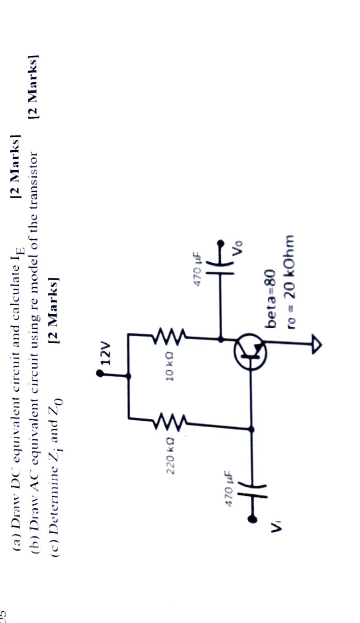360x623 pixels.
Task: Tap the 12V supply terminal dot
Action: [x=100, y=373]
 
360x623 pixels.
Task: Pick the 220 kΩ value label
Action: [x=171, y=454]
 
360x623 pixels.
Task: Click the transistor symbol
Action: [x=250, y=351]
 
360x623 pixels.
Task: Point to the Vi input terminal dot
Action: [x=252, y=519]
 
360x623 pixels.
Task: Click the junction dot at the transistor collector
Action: [x=220, y=339]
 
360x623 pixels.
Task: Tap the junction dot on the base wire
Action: [x=251, y=429]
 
